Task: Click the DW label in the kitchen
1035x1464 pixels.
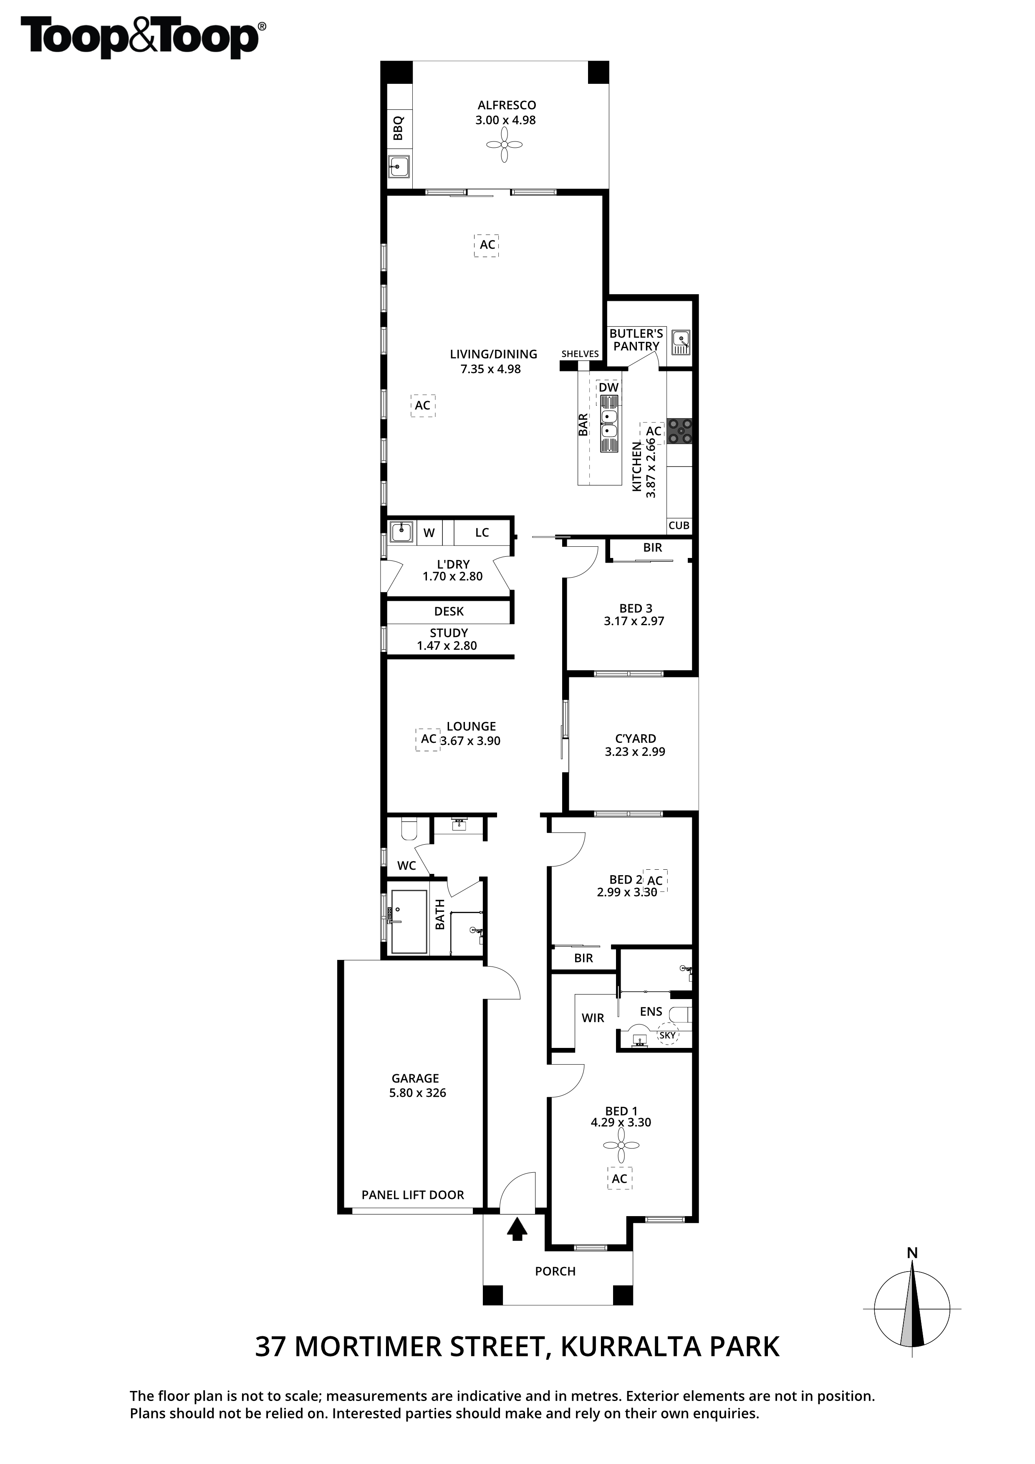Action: (x=608, y=387)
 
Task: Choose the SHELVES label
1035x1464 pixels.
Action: (x=581, y=354)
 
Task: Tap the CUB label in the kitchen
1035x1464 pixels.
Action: (x=679, y=525)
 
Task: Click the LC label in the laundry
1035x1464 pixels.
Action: (x=482, y=533)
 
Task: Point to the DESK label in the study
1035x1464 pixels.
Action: (x=449, y=611)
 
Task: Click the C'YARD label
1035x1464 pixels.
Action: (x=635, y=738)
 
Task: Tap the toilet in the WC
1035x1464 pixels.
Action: (x=409, y=829)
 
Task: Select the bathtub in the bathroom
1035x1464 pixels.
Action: (x=409, y=921)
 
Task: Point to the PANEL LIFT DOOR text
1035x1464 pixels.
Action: (x=413, y=1194)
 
